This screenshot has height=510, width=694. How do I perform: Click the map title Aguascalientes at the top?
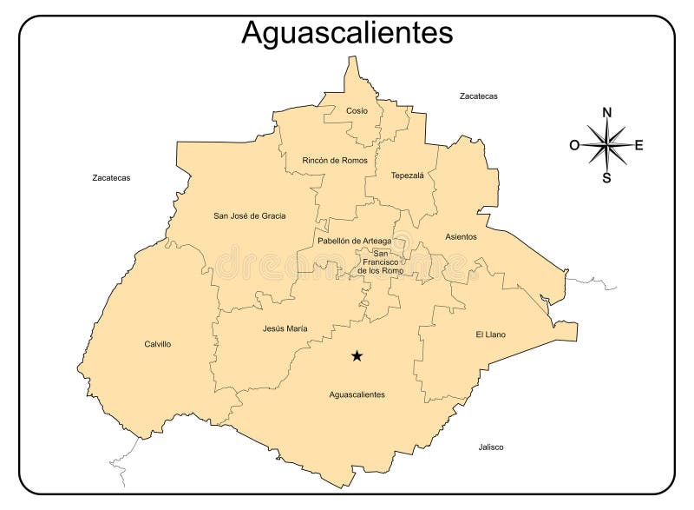(x=347, y=32)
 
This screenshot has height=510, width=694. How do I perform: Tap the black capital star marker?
(x=357, y=355)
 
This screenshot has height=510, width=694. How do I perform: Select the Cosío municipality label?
(x=357, y=110)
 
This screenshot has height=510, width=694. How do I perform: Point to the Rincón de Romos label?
(x=335, y=161)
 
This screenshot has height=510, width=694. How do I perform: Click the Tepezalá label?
(x=407, y=175)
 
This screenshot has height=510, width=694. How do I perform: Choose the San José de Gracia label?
(x=250, y=215)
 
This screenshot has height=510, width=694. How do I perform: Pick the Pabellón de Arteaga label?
(x=354, y=241)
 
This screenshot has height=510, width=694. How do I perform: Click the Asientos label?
(x=461, y=236)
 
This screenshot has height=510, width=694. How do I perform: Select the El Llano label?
(x=490, y=334)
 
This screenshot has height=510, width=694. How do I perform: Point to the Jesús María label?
(x=285, y=328)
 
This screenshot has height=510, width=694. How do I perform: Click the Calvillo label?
(x=157, y=344)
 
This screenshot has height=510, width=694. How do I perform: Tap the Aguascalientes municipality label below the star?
(x=357, y=394)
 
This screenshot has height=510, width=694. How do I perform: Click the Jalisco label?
(x=490, y=447)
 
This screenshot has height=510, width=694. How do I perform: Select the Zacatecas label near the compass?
(x=478, y=96)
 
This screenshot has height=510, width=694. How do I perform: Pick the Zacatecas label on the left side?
(x=111, y=177)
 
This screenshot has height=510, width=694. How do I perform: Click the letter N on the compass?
(x=607, y=112)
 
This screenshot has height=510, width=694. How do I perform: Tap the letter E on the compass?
(x=639, y=145)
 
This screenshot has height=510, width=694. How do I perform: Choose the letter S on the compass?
(x=607, y=178)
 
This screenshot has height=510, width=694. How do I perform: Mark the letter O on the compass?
(x=574, y=145)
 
